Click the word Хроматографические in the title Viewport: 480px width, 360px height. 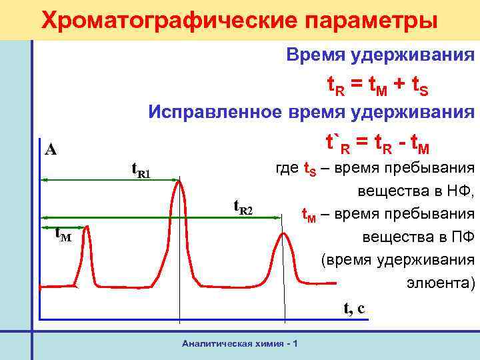coord(160,20)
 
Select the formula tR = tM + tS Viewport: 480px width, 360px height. coord(377,86)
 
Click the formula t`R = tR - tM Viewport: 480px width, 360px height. coord(377,143)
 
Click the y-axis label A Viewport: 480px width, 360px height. coord(51,149)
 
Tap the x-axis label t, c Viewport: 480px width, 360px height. coord(354,308)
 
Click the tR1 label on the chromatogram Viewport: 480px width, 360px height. coord(140,173)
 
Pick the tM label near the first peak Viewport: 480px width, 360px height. coord(63,234)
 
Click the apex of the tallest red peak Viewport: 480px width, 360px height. coord(179,181)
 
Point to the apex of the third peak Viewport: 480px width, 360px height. coord(283,233)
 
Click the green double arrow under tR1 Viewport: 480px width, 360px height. coord(111,179)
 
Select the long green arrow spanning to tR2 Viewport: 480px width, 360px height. coord(160,217)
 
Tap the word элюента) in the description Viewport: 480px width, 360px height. coord(441,283)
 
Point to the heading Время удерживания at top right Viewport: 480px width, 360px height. coord(381,55)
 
